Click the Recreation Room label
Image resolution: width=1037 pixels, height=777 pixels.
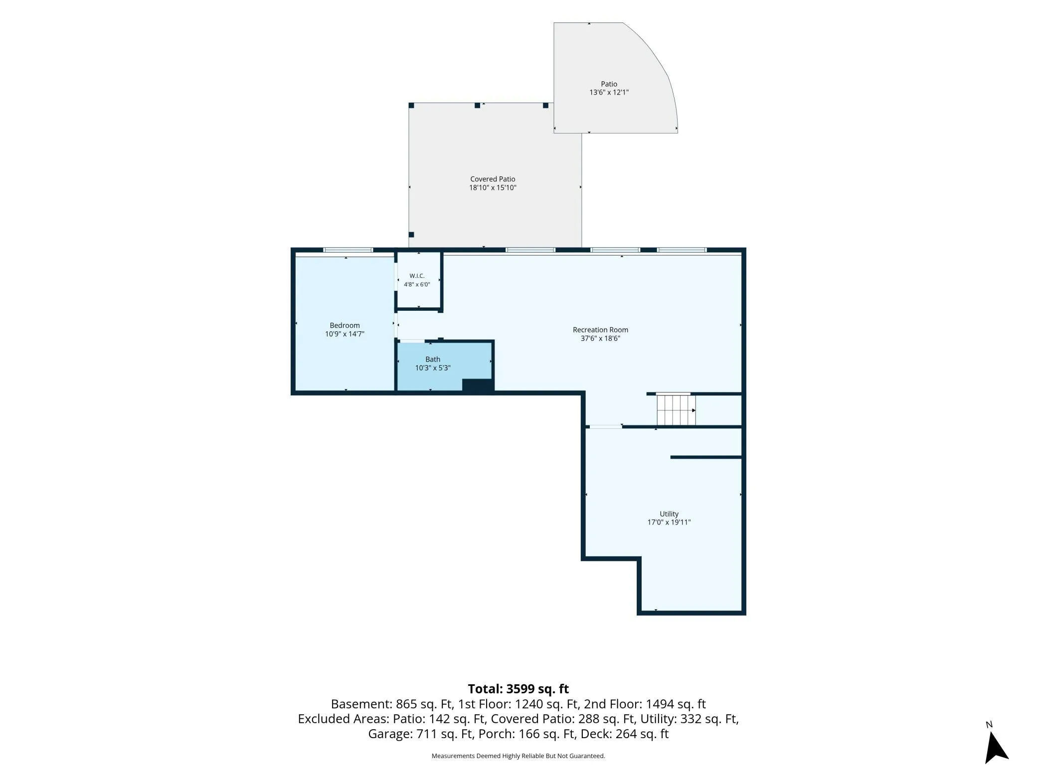[x=600, y=330]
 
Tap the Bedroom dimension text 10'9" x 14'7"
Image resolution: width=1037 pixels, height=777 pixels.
[x=345, y=334]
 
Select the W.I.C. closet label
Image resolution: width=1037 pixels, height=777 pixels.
[x=417, y=276]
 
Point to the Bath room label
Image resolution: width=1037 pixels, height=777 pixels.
[x=433, y=359]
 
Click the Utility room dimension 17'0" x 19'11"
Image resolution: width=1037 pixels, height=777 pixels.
[x=669, y=522]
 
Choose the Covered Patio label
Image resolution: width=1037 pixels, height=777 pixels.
[x=493, y=179]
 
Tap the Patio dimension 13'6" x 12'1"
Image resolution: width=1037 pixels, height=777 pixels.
[x=609, y=92]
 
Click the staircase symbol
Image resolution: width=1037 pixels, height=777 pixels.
[x=676, y=410]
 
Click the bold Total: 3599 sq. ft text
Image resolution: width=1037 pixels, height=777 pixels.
[x=518, y=689]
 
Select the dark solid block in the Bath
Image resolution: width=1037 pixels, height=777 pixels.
[x=478, y=386]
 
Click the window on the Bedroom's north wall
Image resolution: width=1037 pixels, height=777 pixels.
[x=348, y=250]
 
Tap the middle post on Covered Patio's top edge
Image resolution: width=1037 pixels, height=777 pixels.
[x=477, y=106]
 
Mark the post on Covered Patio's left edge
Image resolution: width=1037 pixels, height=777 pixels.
[x=411, y=235]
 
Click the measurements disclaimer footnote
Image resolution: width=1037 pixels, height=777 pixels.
[x=518, y=756]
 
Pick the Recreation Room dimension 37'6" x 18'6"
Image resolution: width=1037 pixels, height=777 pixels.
[x=600, y=339]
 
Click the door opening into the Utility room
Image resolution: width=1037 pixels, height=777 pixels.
[x=606, y=426]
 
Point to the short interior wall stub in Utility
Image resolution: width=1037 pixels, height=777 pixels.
[x=706, y=457]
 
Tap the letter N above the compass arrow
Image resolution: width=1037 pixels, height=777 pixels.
[x=989, y=725]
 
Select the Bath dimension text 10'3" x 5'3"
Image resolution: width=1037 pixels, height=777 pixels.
[x=433, y=368]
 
